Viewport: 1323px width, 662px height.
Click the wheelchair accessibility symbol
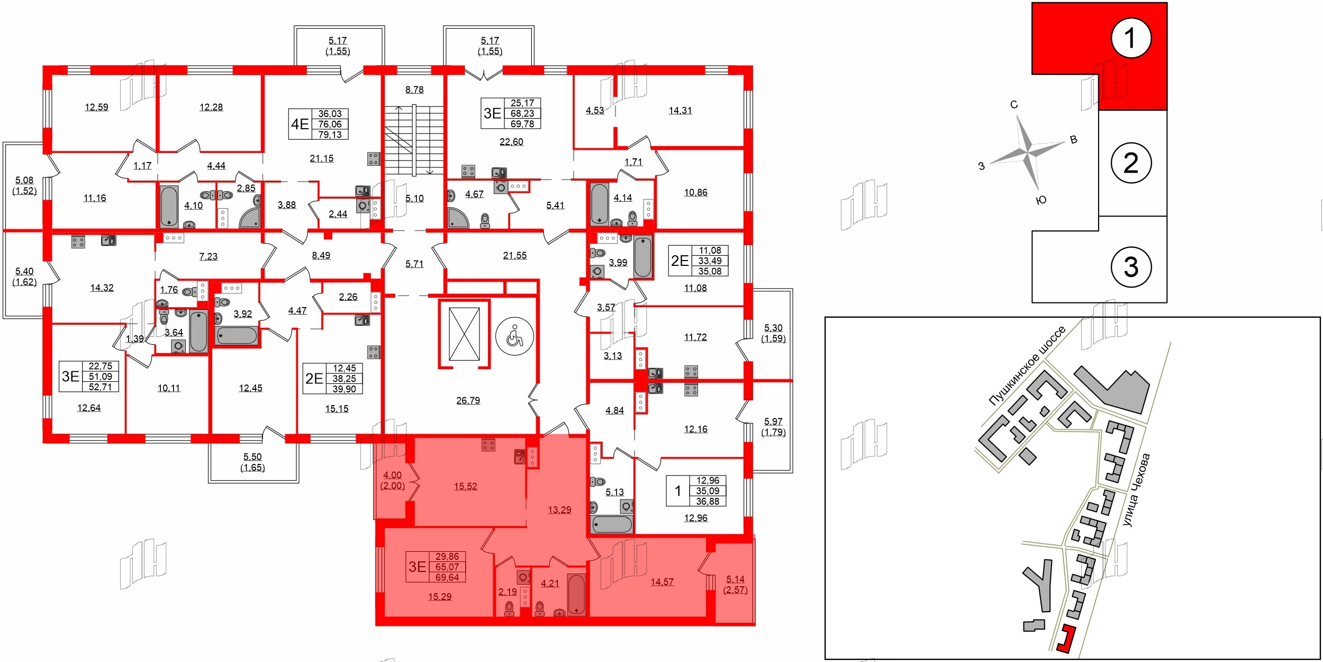[x=514, y=336]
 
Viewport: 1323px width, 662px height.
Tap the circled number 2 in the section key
[x=1131, y=163]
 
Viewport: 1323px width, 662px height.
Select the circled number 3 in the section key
[x=1131, y=267]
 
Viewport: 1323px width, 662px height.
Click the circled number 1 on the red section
[x=1131, y=38]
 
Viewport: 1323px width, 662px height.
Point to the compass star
[x=1028, y=153]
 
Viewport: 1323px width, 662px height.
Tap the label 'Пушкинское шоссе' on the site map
[x=1027, y=366]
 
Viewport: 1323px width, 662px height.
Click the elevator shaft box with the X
[x=464, y=334]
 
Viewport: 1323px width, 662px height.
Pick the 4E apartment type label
[x=300, y=124]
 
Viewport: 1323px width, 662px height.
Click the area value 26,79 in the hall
[x=468, y=400]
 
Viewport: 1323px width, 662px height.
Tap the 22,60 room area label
[x=511, y=141]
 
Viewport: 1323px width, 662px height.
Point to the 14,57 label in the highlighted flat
[x=662, y=582]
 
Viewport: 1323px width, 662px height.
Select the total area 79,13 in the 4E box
[x=330, y=135]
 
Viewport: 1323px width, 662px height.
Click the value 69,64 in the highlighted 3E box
[x=447, y=577]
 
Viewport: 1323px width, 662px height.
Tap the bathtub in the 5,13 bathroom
[x=612, y=524]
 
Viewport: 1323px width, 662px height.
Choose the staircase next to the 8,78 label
[x=414, y=140]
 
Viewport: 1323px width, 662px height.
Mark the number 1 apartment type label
[x=678, y=491]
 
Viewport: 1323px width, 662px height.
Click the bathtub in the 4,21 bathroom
[x=576, y=594]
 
